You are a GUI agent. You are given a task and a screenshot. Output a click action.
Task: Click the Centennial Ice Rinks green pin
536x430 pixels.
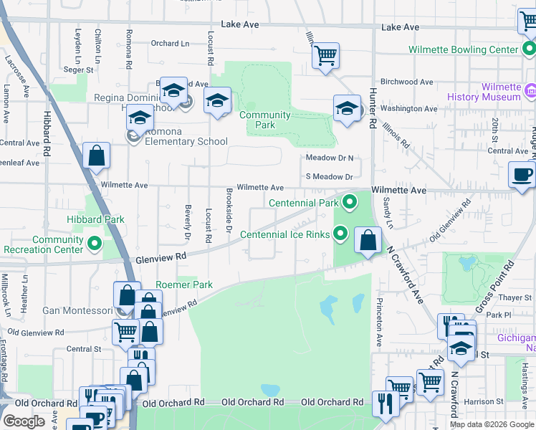point(341,234)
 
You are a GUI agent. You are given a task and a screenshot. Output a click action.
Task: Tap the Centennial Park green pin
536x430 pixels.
point(350,202)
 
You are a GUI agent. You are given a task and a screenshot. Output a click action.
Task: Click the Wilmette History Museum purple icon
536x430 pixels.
point(531,92)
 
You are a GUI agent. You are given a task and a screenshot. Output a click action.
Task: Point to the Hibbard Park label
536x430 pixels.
point(95,220)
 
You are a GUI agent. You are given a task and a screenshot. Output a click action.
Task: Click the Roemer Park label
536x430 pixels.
point(184,285)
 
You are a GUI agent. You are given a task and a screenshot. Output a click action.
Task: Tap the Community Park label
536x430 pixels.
point(264,120)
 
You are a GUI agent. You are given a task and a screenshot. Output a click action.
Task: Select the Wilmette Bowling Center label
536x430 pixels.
point(463,50)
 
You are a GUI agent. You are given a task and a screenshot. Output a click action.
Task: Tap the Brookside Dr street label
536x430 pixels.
point(229,210)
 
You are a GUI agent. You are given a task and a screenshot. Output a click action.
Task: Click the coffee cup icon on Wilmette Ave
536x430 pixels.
point(522,174)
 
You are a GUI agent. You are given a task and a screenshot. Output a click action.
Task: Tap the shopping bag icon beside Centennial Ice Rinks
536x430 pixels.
point(368,240)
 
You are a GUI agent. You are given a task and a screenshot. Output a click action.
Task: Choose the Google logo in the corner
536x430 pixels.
point(24,421)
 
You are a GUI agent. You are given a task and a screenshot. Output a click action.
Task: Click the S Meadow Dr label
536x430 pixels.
point(330,176)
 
